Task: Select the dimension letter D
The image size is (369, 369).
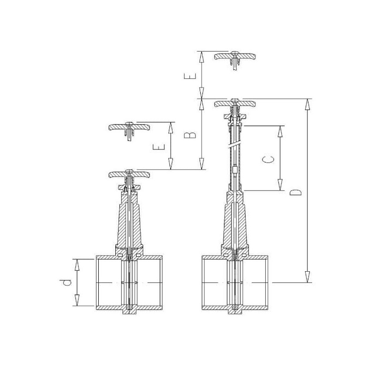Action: click(x=296, y=192)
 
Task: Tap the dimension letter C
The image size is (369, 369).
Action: click(x=268, y=159)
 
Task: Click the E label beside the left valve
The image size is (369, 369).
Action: click(x=159, y=147)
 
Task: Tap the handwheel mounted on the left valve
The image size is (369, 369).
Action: click(x=129, y=174)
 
